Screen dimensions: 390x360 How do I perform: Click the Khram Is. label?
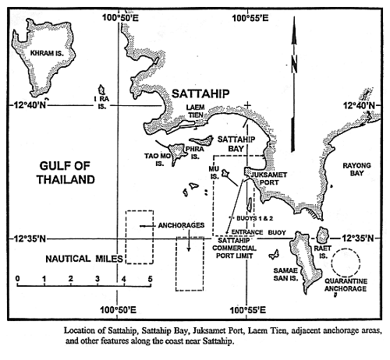tap(47, 53)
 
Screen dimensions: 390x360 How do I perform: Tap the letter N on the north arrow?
tap(294, 64)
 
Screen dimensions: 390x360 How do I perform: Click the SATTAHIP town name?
tap(200, 94)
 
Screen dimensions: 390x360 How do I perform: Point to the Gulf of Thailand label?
tap(66, 173)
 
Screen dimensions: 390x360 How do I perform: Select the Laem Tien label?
tap(196, 111)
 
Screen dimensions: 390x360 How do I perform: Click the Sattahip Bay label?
tap(236, 144)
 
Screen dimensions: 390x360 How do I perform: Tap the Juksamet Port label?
tap(268, 178)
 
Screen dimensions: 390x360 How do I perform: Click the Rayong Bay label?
tap(356, 169)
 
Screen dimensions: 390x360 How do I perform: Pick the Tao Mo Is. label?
tap(158, 160)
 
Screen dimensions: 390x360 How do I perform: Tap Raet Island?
tap(322, 235)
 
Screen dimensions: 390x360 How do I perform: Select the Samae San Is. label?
tap(285, 274)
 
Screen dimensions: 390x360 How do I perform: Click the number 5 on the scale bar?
tap(150, 279)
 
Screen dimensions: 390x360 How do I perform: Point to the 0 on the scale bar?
tap(17, 279)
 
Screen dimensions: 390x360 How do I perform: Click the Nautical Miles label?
tap(84, 259)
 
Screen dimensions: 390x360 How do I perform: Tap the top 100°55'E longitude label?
tap(250, 18)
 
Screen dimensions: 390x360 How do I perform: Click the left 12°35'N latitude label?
tap(30, 238)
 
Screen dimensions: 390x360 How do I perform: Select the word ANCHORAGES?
tap(181, 225)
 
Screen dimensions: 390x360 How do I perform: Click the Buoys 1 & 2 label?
tap(254, 218)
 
